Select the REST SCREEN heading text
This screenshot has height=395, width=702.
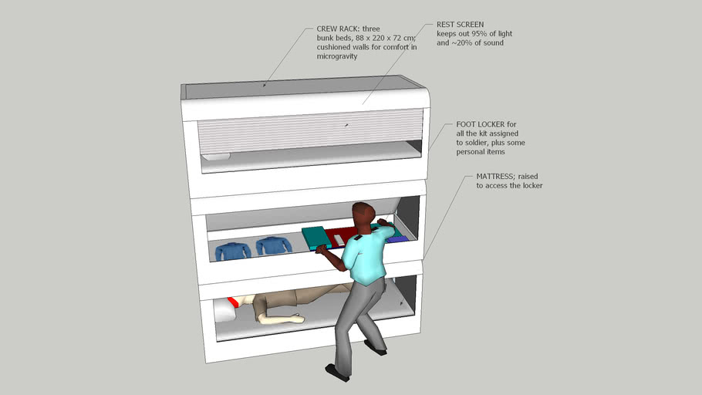pos(461,25)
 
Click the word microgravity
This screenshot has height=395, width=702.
pos(337,56)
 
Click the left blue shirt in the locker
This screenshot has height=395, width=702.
pos(233,250)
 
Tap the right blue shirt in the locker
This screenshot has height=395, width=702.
pos(274,246)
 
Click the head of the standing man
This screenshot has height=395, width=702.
pos(363,214)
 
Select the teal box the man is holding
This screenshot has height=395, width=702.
pos(317,238)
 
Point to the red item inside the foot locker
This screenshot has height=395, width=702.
pos(341,235)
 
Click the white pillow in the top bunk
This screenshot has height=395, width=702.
pos(216,157)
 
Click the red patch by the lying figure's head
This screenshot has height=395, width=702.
pos(233,302)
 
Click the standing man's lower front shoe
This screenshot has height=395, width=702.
pos(337,373)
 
